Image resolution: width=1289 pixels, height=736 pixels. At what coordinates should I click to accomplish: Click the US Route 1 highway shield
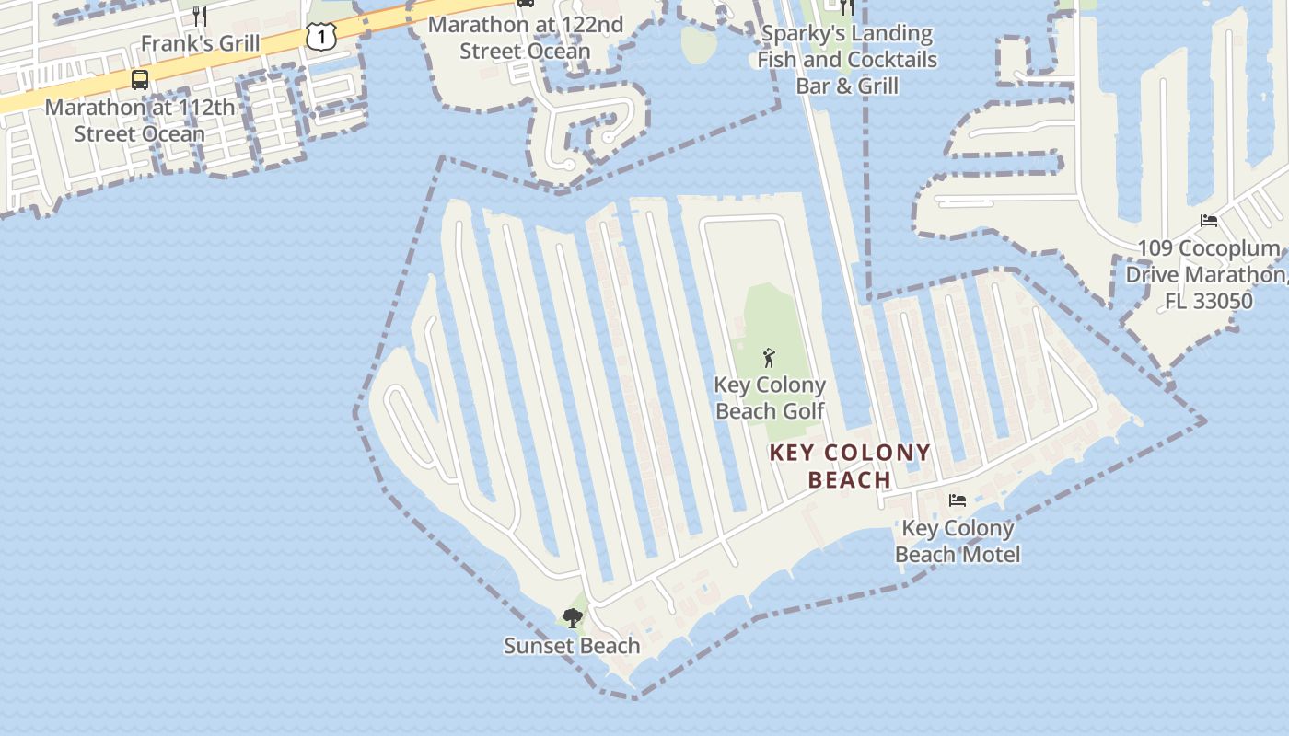point(321,37)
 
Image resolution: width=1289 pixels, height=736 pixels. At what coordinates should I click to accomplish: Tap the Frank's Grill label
point(200,43)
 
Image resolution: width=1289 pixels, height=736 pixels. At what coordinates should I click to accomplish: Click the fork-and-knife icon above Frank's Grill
point(200,16)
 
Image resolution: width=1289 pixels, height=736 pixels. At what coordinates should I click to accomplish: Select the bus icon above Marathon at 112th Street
point(140,80)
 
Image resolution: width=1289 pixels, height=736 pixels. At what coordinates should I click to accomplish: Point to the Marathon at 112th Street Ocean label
point(140,121)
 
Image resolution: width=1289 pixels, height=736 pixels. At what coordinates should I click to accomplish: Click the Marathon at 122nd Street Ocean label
point(525,38)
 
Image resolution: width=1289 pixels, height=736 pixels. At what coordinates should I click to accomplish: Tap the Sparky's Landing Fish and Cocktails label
point(846,47)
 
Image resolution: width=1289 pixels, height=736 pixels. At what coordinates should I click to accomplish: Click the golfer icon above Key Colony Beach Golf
point(769,358)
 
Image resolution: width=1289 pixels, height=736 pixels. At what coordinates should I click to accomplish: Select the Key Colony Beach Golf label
point(770,398)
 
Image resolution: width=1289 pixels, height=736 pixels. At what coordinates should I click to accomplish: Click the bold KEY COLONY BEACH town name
point(850,466)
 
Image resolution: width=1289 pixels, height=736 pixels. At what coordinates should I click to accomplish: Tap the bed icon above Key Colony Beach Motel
point(958,500)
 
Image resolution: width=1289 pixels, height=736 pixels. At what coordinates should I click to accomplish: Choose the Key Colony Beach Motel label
point(958,541)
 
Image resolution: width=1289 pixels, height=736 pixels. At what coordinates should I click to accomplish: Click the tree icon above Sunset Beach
point(572,617)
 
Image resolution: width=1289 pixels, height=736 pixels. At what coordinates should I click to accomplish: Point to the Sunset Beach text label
point(572,646)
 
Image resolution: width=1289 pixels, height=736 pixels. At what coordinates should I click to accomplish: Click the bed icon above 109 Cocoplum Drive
point(1209,221)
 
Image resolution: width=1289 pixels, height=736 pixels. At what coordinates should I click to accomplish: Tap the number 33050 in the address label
point(1222,301)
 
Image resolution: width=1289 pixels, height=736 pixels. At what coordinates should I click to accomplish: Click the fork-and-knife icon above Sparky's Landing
point(847,7)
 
